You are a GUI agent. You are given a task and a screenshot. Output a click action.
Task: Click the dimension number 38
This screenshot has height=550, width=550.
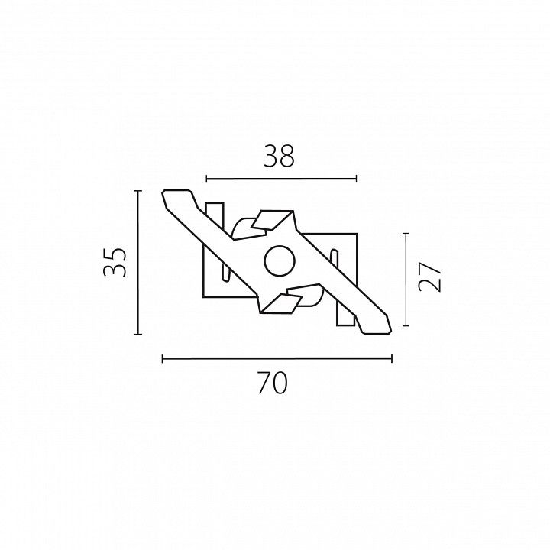[x=280, y=156]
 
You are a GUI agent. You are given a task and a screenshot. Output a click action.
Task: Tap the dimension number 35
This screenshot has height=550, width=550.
[x=115, y=262]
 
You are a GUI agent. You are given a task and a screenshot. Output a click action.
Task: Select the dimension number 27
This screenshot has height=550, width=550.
[x=429, y=277]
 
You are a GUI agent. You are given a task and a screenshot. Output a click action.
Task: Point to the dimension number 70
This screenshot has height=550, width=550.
[x=273, y=383]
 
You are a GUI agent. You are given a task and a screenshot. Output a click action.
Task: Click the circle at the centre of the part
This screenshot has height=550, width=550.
[x=280, y=261]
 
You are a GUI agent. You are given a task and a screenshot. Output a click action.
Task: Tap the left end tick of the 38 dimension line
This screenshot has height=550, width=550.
[x=206, y=179]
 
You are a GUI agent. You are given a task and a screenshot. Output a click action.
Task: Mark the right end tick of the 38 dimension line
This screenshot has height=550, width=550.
[x=357, y=179]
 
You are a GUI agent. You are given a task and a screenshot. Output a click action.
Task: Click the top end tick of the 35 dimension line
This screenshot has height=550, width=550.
[x=138, y=191]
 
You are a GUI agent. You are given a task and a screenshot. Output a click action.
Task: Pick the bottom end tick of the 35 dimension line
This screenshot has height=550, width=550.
[x=138, y=335]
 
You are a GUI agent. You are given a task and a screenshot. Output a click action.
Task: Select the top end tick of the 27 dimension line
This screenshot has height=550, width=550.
[x=406, y=233]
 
